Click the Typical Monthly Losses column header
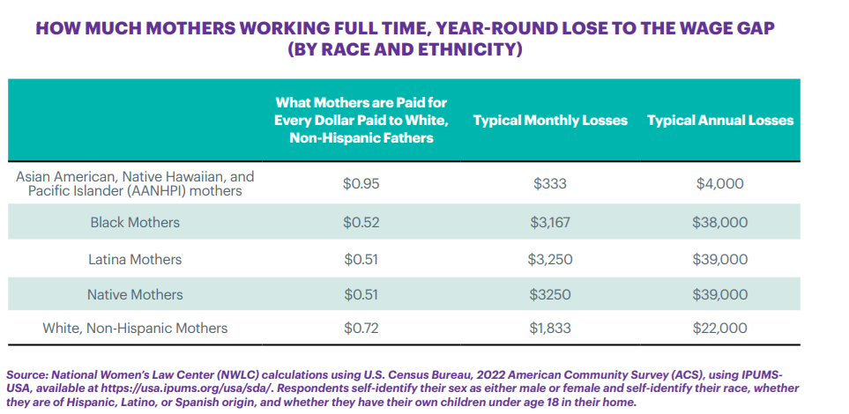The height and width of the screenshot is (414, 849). click(x=550, y=120)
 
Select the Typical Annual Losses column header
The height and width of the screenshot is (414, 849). click(x=720, y=120)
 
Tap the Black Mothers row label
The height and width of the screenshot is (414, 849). click(x=135, y=222)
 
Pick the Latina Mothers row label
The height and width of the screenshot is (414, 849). click(x=135, y=259)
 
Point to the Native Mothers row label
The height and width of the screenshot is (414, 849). click(x=135, y=294)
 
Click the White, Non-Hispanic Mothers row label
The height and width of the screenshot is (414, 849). click(x=135, y=329)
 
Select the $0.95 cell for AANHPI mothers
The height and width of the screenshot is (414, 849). click(x=361, y=184)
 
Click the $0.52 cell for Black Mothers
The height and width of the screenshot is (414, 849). click(x=361, y=222)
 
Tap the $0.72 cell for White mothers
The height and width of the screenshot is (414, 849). click(x=361, y=329)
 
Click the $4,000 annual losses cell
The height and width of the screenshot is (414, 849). click(x=720, y=184)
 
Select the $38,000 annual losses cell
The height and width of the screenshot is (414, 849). click(x=720, y=222)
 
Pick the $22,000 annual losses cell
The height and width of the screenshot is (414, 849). click(x=720, y=329)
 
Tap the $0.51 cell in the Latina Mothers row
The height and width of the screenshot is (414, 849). click(x=361, y=259)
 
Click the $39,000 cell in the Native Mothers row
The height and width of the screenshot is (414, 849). click(x=720, y=294)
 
